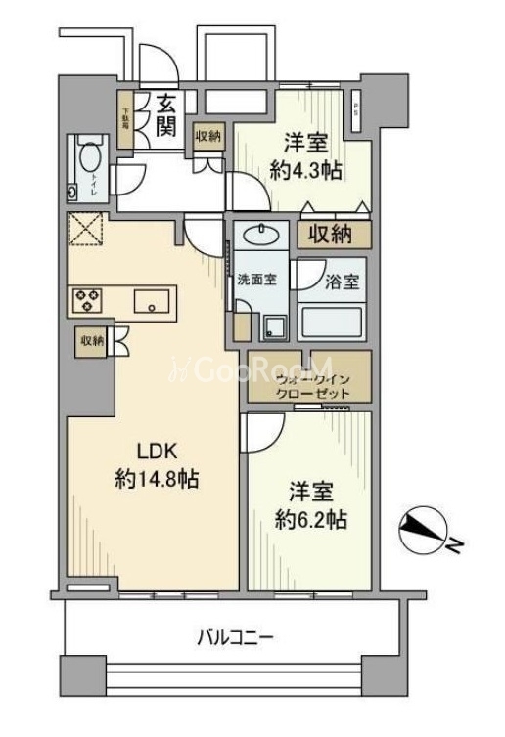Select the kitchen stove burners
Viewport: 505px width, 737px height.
86,299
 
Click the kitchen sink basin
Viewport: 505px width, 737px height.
153,300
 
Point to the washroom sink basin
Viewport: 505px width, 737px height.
260,235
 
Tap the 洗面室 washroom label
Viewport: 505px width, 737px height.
256,280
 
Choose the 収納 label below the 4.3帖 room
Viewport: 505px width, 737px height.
334,234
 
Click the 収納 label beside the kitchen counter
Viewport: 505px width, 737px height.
92,340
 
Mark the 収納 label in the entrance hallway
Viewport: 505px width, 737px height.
207,137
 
